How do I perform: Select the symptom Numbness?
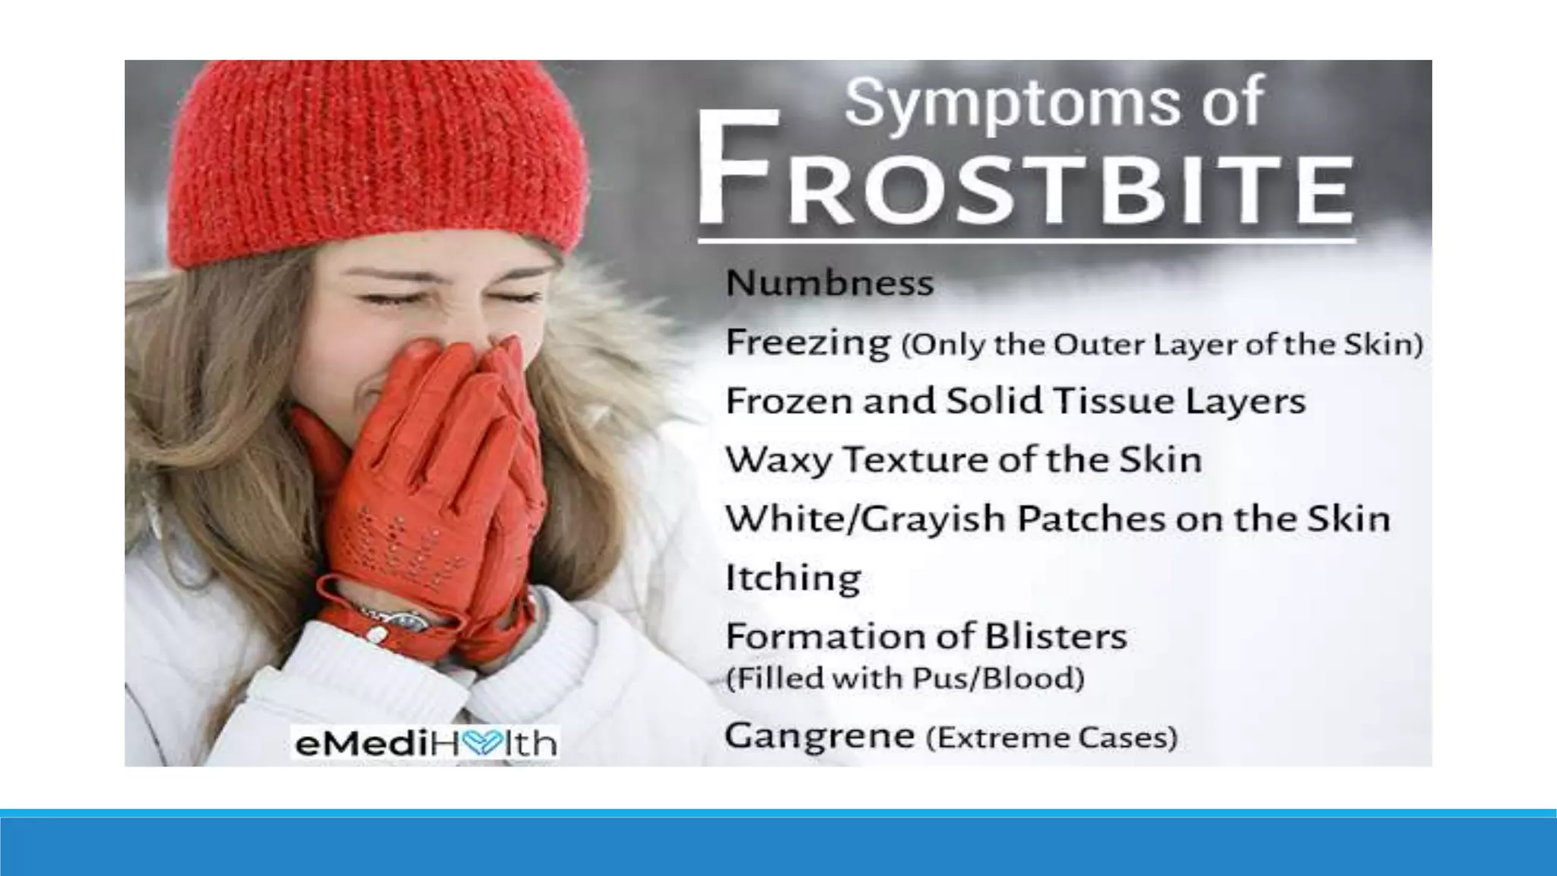[x=829, y=284]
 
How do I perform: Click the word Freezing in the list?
[x=808, y=343]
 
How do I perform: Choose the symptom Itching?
[x=793, y=578]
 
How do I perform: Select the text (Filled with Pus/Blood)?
[x=905, y=678]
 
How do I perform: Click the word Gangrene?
[x=819, y=736]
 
